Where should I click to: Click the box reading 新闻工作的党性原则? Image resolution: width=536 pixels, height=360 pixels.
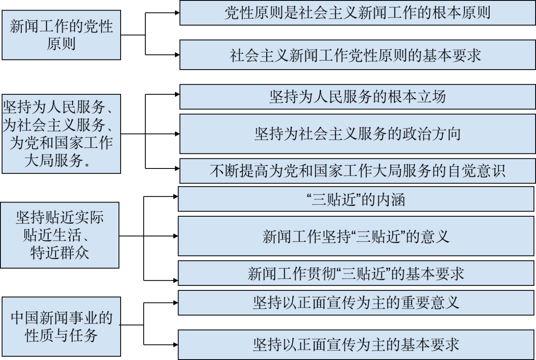point(61,35)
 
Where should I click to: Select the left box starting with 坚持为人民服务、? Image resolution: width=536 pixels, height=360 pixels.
point(61,134)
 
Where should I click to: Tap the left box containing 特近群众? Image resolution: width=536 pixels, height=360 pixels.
point(59,235)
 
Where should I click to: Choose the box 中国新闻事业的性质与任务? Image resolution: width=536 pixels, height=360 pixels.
point(61,327)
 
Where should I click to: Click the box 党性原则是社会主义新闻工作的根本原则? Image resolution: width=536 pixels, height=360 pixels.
point(357,13)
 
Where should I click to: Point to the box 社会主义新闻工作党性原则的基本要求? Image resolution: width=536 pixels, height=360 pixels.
point(357,55)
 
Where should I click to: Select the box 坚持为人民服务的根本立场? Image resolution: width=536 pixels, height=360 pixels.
point(357,97)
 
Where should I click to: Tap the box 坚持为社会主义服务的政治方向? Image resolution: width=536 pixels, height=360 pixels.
point(357,134)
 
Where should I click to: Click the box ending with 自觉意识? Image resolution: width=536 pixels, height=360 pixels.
point(357,171)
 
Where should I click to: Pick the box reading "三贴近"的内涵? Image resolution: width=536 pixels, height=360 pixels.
point(356,199)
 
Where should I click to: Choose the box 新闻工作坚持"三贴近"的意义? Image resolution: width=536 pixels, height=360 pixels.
point(356,236)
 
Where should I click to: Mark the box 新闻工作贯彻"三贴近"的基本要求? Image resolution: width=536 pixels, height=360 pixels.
point(356,273)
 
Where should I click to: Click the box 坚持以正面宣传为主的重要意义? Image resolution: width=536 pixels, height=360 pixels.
point(356,303)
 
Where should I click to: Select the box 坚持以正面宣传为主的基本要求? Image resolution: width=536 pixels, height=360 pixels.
point(356,344)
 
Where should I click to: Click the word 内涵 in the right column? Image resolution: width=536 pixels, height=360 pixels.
point(392,199)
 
